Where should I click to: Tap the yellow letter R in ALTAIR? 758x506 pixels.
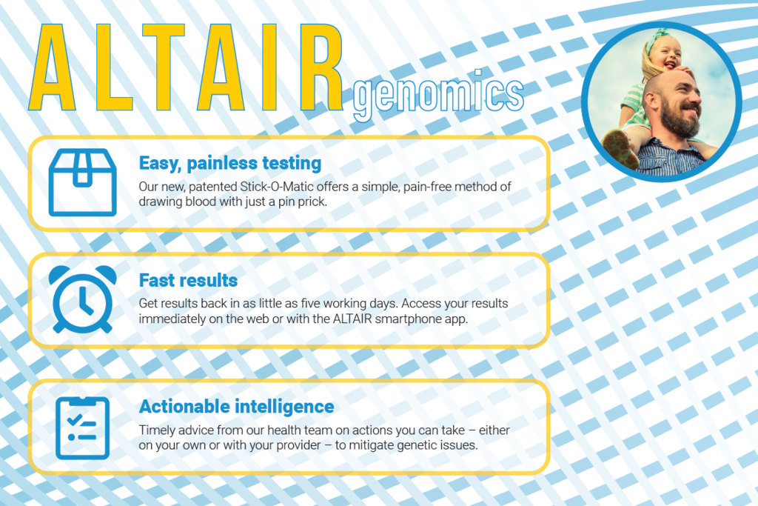tap(321, 67)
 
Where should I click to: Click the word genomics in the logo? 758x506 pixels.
tap(438, 94)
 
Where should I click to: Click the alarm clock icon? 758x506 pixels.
tap(83, 299)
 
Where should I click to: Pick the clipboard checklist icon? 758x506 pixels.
tap(83, 427)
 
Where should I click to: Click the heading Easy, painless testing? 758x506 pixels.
tap(230, 164)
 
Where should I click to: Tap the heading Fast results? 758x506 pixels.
tap(188, 280)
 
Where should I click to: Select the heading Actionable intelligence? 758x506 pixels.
tap(236, 406)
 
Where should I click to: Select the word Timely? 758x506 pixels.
tap(155, 430)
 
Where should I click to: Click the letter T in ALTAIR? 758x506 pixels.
tap(164, 67)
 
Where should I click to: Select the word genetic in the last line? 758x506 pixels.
tap(414, 445)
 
